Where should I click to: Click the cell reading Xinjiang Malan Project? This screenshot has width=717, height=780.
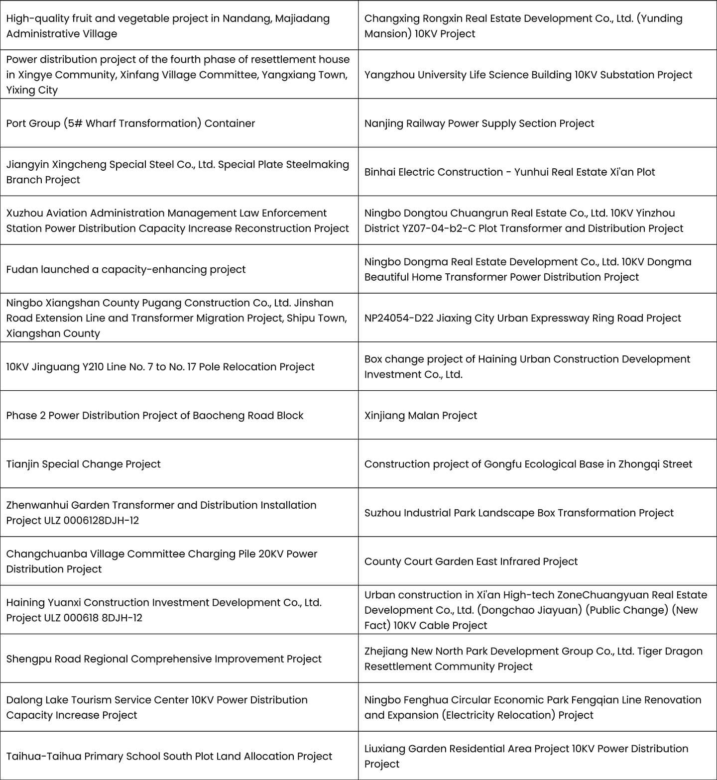(421, 416)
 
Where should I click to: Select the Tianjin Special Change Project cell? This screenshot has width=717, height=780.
(83, 464)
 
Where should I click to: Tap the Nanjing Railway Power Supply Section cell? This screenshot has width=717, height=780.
(479, 123)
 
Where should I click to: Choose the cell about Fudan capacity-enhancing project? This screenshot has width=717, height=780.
(125, 270)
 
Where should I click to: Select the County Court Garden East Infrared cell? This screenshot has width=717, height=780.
(471, 561)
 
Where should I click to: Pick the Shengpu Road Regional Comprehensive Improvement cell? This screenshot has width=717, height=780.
(164, 659)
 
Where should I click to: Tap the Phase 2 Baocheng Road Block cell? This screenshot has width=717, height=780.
(154, 416)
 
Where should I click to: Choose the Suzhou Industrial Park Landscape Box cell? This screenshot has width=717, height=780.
(518, 513)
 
